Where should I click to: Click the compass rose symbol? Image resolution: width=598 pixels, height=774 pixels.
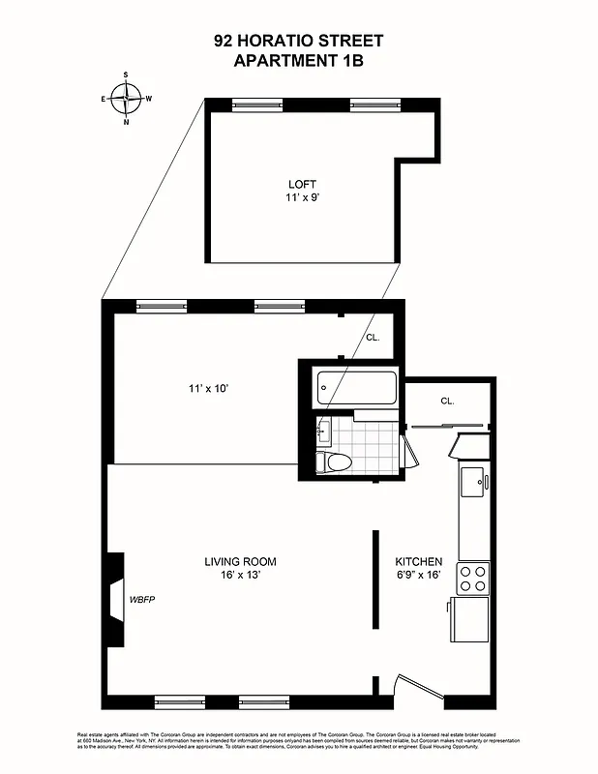click(x=126, y=97)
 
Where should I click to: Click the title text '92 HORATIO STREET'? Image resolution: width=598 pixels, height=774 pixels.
click(x=298, y=41)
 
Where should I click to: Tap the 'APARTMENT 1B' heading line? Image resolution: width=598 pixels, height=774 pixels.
click(x=298, y=59)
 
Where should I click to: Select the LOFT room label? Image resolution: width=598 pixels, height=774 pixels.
click(x=302, y=185)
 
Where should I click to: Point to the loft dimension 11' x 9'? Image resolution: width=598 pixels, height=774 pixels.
click(x=302, y=198)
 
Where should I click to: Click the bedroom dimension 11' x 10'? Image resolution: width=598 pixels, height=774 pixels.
click(x=208, y=389)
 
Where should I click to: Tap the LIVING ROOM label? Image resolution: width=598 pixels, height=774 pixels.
click(x=240, y=561)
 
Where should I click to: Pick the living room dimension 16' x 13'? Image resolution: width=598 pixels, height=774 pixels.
click(x=240, y=575)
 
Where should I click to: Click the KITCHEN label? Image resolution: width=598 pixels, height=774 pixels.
click(x=419, y=561)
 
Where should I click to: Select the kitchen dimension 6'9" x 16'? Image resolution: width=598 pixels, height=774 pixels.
click(x=419, y=575)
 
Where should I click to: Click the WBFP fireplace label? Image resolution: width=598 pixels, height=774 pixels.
click(x=142, y=600)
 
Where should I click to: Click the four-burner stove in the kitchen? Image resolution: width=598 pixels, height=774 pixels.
click(x=473, y=578)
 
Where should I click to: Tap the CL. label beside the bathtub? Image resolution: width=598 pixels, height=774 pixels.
click(x=373, y=338)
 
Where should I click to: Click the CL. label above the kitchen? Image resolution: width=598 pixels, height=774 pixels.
click(x=447, y=401)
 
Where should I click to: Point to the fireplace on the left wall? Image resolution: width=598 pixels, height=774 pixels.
click(x=115, y=600)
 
